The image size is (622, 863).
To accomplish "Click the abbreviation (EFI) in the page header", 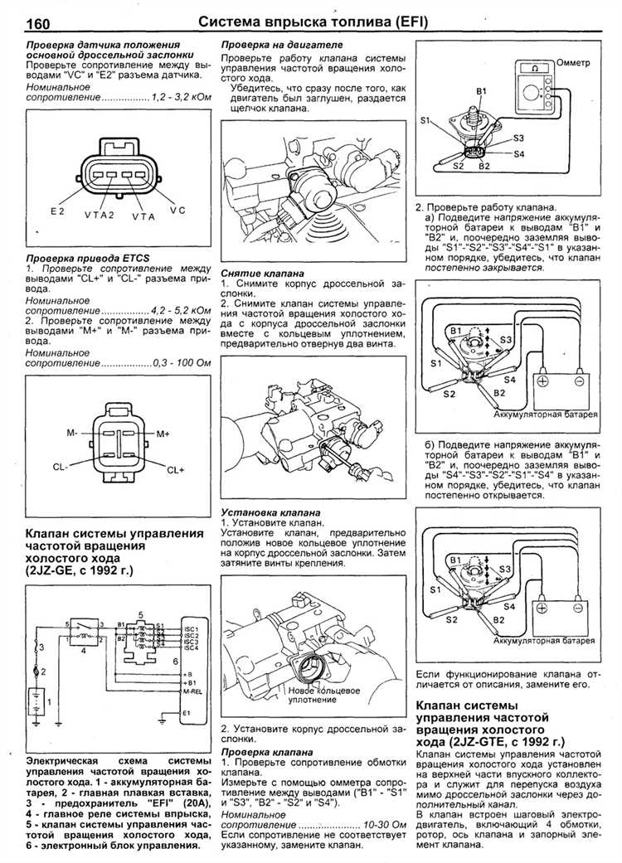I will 401,22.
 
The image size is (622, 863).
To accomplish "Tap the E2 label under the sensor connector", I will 57,211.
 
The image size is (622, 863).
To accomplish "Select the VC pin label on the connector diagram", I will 178,211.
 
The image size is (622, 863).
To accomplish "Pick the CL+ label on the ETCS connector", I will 176,469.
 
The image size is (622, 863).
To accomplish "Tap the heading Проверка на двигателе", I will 282,43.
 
